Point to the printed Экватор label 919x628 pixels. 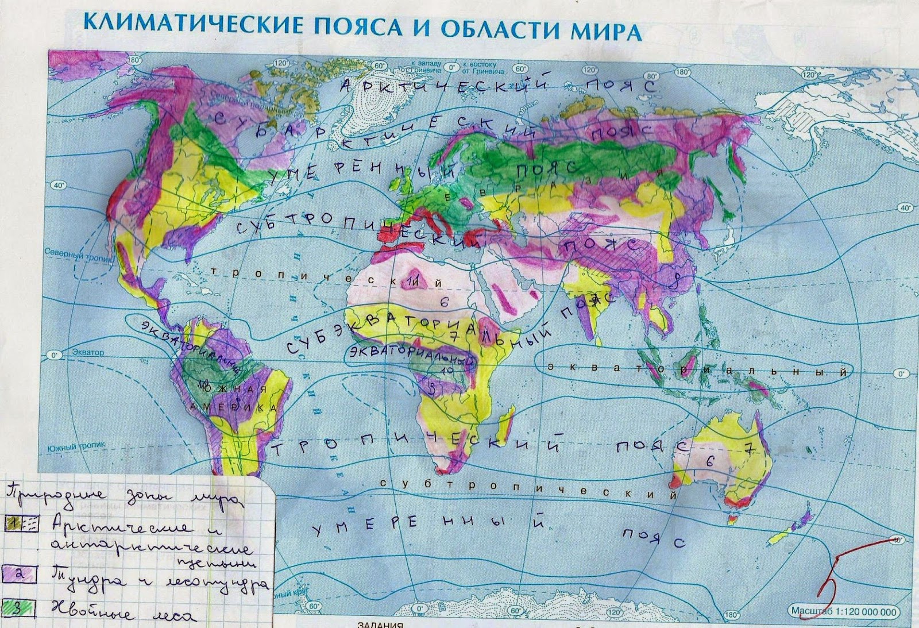point(88,352)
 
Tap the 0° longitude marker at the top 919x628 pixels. point(451,68)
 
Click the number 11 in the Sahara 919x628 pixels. point(413,281)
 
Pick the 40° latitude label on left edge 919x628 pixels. point(58,185)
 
